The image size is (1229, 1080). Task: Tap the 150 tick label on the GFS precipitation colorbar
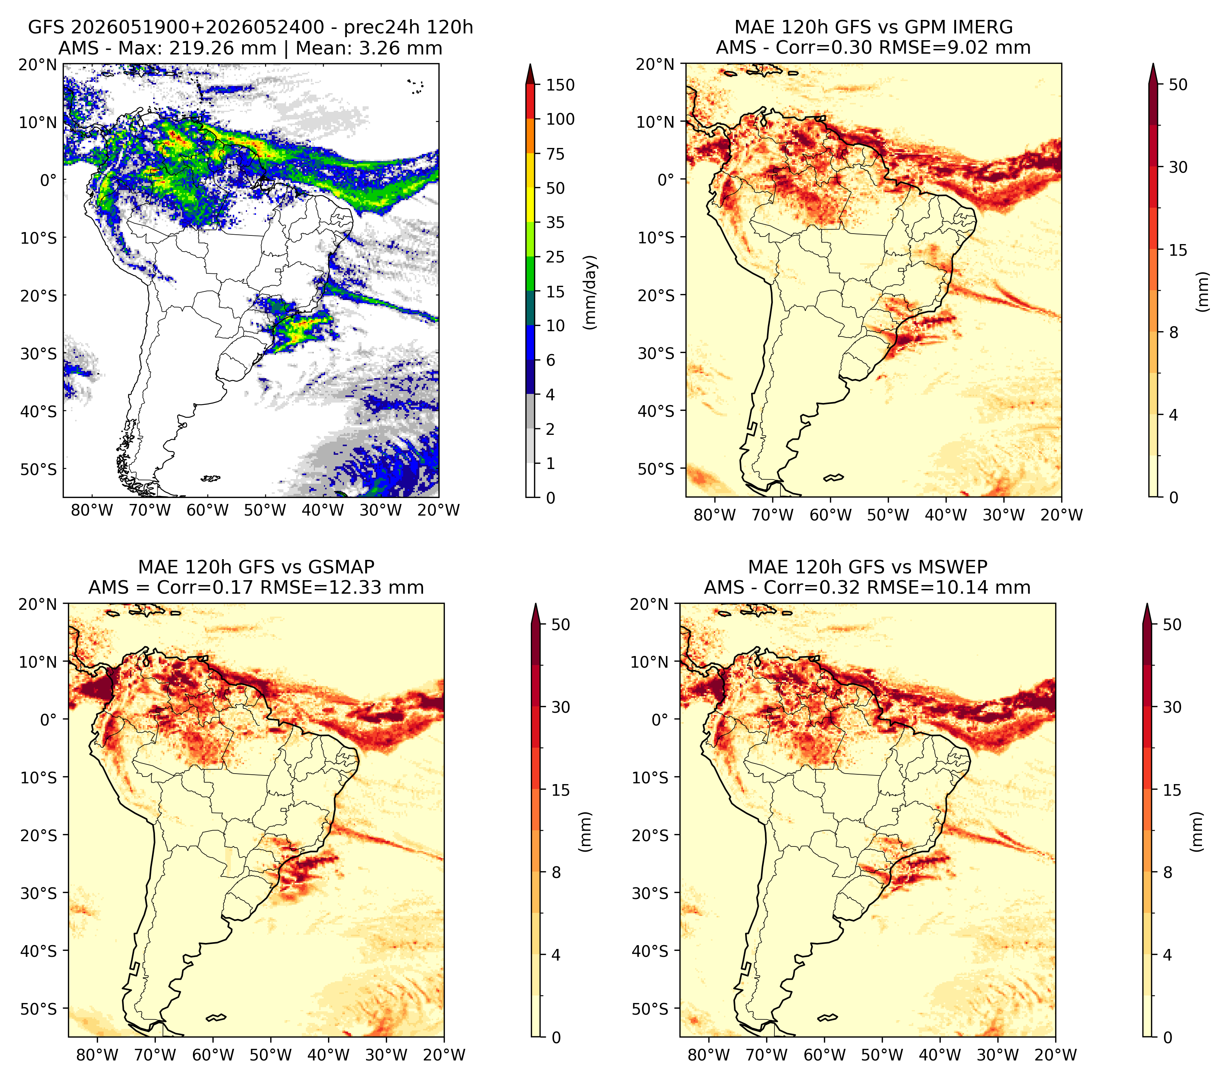(x=560, y=85)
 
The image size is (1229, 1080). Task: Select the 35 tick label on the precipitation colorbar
(x=556, y=222)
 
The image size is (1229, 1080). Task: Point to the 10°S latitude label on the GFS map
(x=39, y=238)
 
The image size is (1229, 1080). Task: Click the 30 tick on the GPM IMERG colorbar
(x=1178, y=167)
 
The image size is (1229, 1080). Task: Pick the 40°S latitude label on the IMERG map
(x=656, y=411)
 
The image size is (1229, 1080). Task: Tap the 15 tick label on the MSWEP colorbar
(x=1172, y=790)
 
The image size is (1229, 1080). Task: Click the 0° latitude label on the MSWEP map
(x=660, y=720)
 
